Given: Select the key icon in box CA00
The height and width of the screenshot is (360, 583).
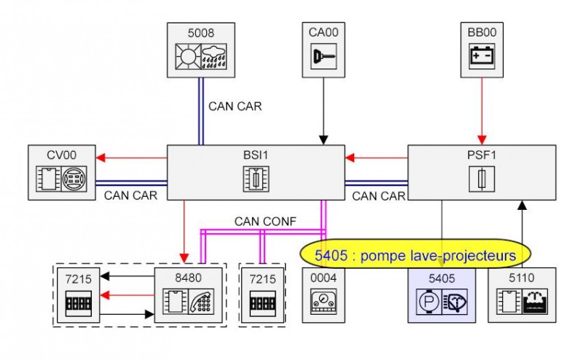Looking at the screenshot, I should (x=322, y=56).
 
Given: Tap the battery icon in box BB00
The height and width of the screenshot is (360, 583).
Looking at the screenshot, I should (x=481, y=56).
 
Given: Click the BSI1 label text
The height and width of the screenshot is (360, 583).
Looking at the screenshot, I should (x=255, y=154).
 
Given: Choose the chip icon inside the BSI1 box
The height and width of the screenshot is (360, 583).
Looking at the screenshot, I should (x=256, y=178).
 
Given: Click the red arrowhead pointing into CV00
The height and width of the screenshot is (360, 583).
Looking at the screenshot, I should (x=101, y=156).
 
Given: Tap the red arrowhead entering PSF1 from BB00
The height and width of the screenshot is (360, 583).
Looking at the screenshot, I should (x=481, y=141).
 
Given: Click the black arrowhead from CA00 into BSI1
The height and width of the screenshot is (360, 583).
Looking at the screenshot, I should (x=322, y=141).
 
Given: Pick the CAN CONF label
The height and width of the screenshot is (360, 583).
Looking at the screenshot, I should (x=261, y=220).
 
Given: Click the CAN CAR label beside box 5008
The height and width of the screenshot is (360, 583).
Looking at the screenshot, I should (x=235, y=106).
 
